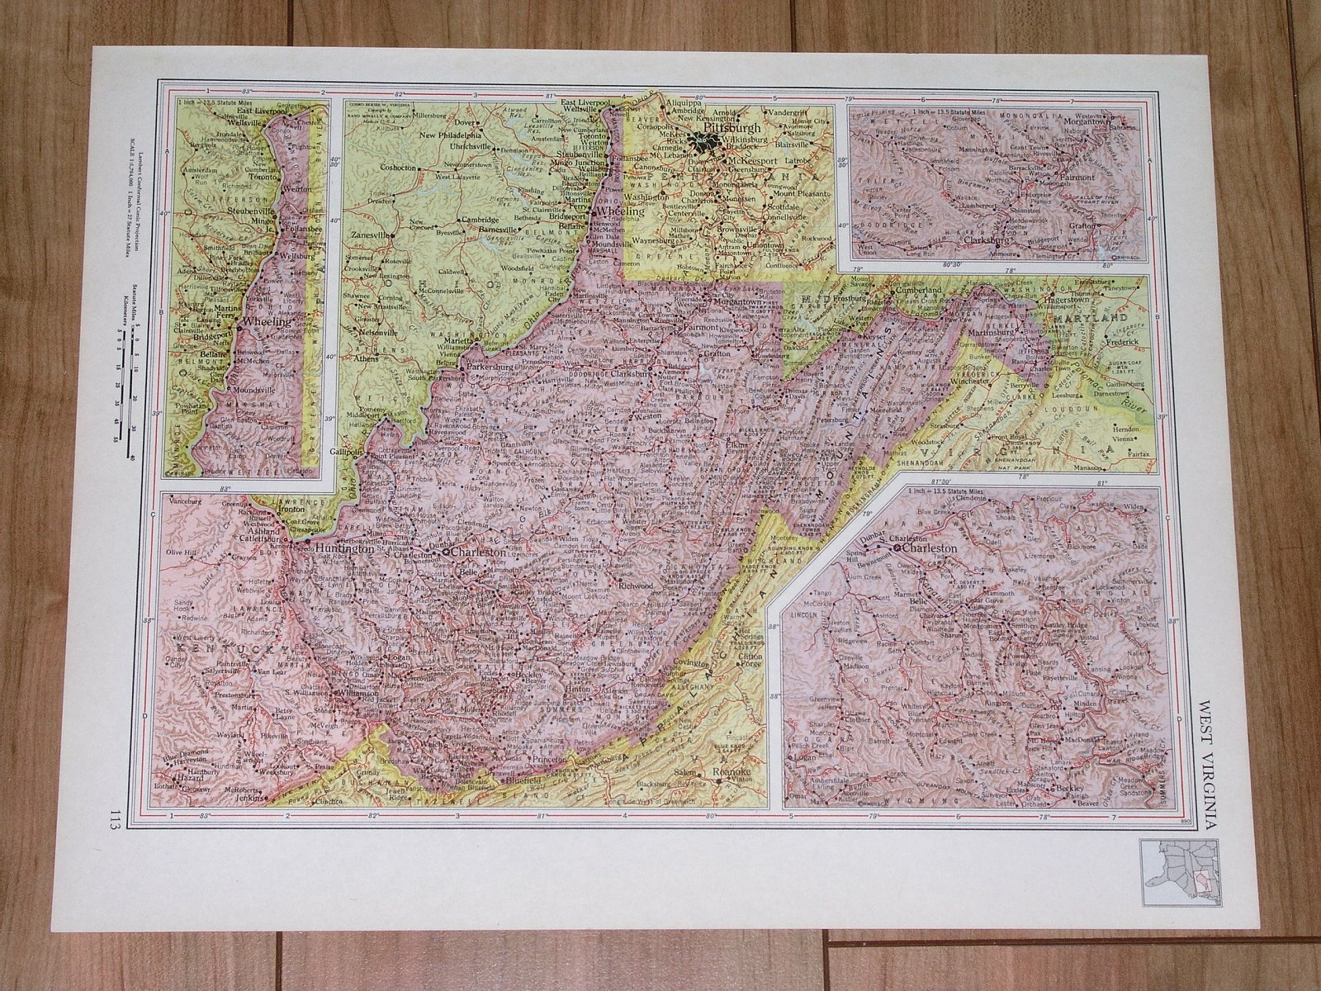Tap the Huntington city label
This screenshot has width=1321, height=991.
point(340,547)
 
